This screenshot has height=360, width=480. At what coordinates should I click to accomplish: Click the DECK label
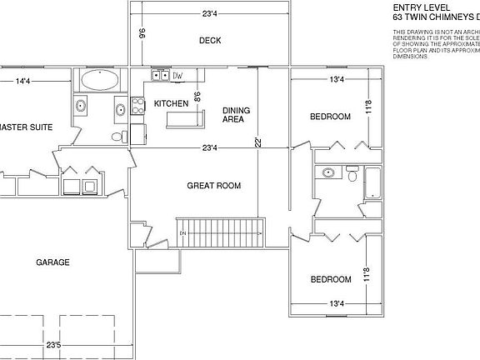[210, 40]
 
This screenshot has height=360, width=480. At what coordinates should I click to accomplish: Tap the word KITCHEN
[171, 103]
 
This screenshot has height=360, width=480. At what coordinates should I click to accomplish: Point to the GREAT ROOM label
[213, 185]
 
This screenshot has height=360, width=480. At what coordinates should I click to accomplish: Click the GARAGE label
[52, 262]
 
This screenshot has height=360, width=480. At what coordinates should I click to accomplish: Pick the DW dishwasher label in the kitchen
[177, 77]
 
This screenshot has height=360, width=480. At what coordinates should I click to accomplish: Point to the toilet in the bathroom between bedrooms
[352, 177]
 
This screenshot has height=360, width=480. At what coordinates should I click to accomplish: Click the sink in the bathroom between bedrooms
[328, 173]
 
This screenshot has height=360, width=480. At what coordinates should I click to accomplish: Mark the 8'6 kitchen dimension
[197, 97]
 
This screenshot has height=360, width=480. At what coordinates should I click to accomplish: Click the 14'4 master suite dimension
[22, 81]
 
